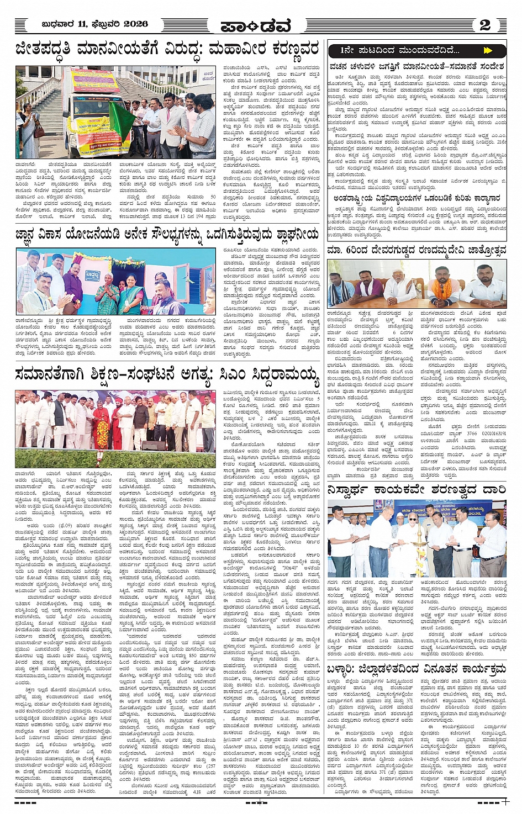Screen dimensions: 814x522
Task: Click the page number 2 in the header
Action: [485, 24]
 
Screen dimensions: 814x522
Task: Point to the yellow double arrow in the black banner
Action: [487, 50]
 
